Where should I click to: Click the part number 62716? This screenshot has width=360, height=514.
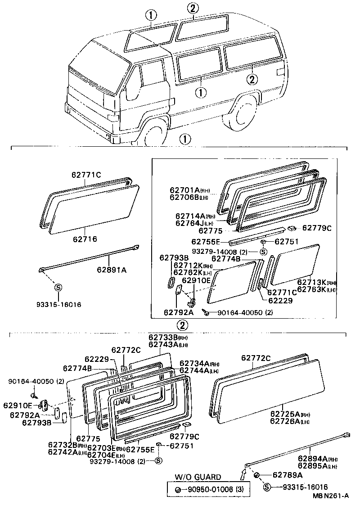point(85,239)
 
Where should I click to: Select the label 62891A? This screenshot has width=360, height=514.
point(111,271)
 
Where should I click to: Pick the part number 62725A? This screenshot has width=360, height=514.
point(287,414)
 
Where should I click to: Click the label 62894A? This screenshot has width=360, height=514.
point(313,459)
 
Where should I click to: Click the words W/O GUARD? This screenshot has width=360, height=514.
point(198,477)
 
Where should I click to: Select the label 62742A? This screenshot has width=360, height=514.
point(63,452)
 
